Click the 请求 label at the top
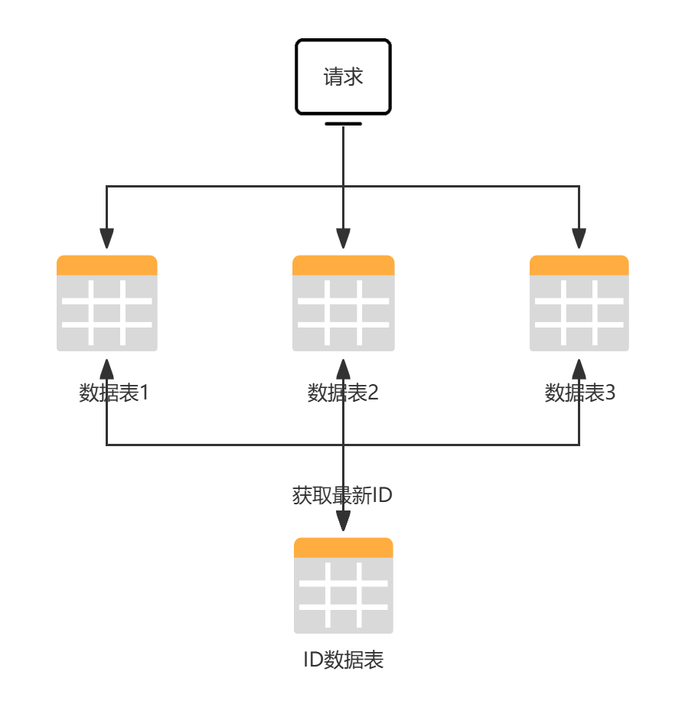point(343,77)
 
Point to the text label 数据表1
point(113,393)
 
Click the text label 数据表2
point(343,393)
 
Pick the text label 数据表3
point(579,393)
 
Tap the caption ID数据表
point(344,660)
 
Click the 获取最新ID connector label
point(343,495)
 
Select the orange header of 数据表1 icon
point(107,265)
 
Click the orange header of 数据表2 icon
point(343,265)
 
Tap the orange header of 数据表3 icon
point(579,265)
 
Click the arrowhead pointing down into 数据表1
point(107,239)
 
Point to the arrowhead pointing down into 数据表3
point(579,239)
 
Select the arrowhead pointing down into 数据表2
point(343,239)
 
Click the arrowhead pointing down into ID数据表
point(343,520)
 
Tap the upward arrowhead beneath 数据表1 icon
point(107,369)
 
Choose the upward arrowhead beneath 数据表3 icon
point(579,369)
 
